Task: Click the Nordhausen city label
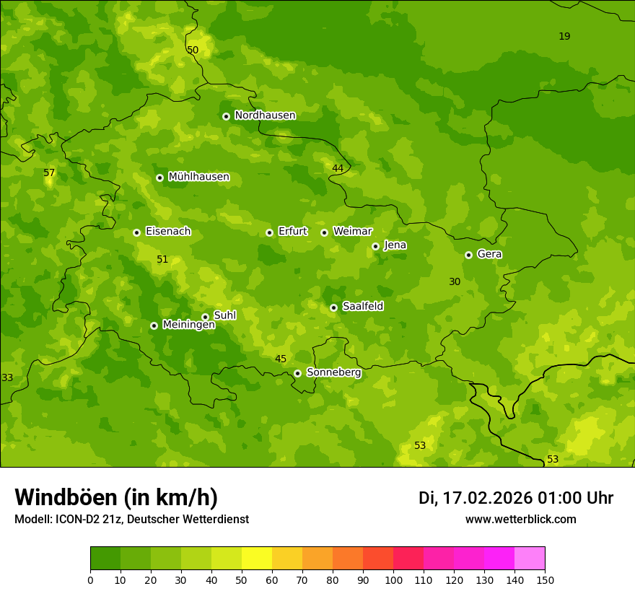tap(265, 115)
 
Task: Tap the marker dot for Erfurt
tap(269, 232)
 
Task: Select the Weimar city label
tap(352, 232)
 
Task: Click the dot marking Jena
tap(375, 246)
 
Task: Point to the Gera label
tap(489, 254)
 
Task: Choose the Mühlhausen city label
tap(198, 177)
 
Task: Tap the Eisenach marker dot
tap(136, 232)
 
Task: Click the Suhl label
tap(224, 315)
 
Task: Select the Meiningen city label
tap(188, 325)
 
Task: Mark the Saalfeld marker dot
tap(333, 307)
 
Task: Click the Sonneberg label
tap(333, 372)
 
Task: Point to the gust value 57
tap(49, 173)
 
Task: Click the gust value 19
tap(564, 37)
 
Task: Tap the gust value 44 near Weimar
tap(338, 169)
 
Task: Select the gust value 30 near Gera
tap(455, 282)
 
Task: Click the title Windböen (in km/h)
tap(116, 497)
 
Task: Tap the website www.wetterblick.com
tap(520, 520)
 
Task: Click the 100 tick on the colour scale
tap(393, 580)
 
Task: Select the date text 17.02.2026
tap(487, 498)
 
